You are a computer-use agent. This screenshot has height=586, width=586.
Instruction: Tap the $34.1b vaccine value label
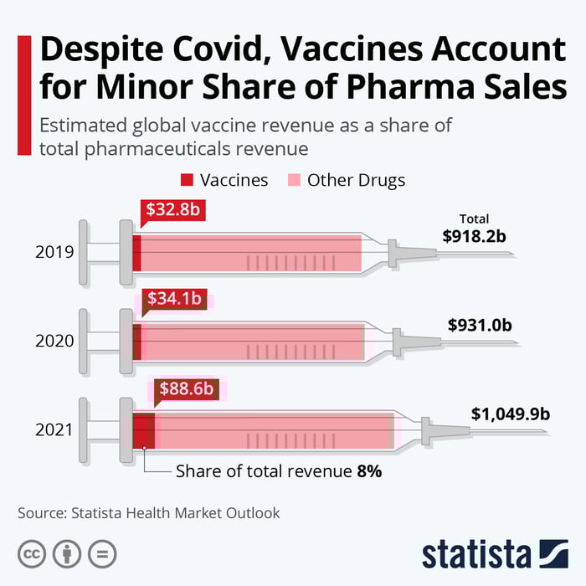tap(173, 298)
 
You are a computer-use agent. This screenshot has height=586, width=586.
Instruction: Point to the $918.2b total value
tap(475, 236)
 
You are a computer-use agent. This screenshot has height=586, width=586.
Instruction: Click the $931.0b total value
tap(480, 324)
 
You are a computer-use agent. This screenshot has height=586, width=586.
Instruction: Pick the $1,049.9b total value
tap(510, 414)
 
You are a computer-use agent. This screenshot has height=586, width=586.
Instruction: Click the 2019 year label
tap(54, 253)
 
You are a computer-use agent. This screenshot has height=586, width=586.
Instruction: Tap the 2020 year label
tap(54, 341)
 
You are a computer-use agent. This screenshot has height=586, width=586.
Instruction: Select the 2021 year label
tap(54, 431)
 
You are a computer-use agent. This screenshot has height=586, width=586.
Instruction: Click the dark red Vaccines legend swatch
tap(187, 180)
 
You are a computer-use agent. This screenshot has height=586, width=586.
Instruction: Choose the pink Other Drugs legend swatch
tap(293, 180)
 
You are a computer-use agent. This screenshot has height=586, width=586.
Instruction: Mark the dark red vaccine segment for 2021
tap(143, 430)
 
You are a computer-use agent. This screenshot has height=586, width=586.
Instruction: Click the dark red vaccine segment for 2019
tap(136, 253)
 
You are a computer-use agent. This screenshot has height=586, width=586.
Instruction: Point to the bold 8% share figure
tap(368, 471)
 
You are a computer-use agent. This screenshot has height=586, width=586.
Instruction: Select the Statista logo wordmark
tap(475, 553)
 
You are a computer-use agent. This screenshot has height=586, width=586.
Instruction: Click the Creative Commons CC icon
tap(32, 553)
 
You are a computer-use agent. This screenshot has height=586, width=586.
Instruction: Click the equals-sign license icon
tap(102, 553)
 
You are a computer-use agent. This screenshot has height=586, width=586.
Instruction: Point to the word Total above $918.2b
tap(474, 219)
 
